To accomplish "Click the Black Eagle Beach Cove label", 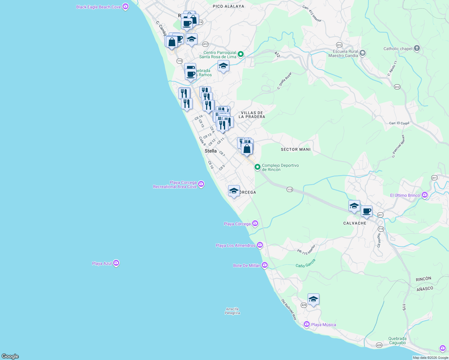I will click(x=98, y=7).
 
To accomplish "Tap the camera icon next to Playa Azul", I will click(x=116, y=263).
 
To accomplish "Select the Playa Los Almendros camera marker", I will click(x=260, y=245).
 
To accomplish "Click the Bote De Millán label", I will click(x=247, y=265).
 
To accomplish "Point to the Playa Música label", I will click(x=324, y=325).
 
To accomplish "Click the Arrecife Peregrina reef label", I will click(x=232, y=311).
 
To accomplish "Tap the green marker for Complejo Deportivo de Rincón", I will click(x=257, y=167).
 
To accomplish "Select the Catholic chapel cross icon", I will click(x=417, y=48).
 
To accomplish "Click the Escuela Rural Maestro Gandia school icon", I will click(x=363, y=53).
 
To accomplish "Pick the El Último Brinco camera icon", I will click(x=424, y=195).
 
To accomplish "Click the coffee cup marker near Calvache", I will click(x=366, y=211).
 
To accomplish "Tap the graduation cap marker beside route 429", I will click(x=313, y=299).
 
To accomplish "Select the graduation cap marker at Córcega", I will click(x=234, y=191).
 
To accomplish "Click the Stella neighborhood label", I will click(x=210, y=151).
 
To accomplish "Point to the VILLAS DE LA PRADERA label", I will click(x=252, y=115).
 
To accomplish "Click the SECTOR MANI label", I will click(x=296, y=149).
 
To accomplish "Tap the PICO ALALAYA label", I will click(x=228, y=6).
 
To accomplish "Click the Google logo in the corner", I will click(x=10, y=356).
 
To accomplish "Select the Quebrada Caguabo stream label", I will click(x=397, y=340).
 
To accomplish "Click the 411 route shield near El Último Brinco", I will click(x=434, y=178).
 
